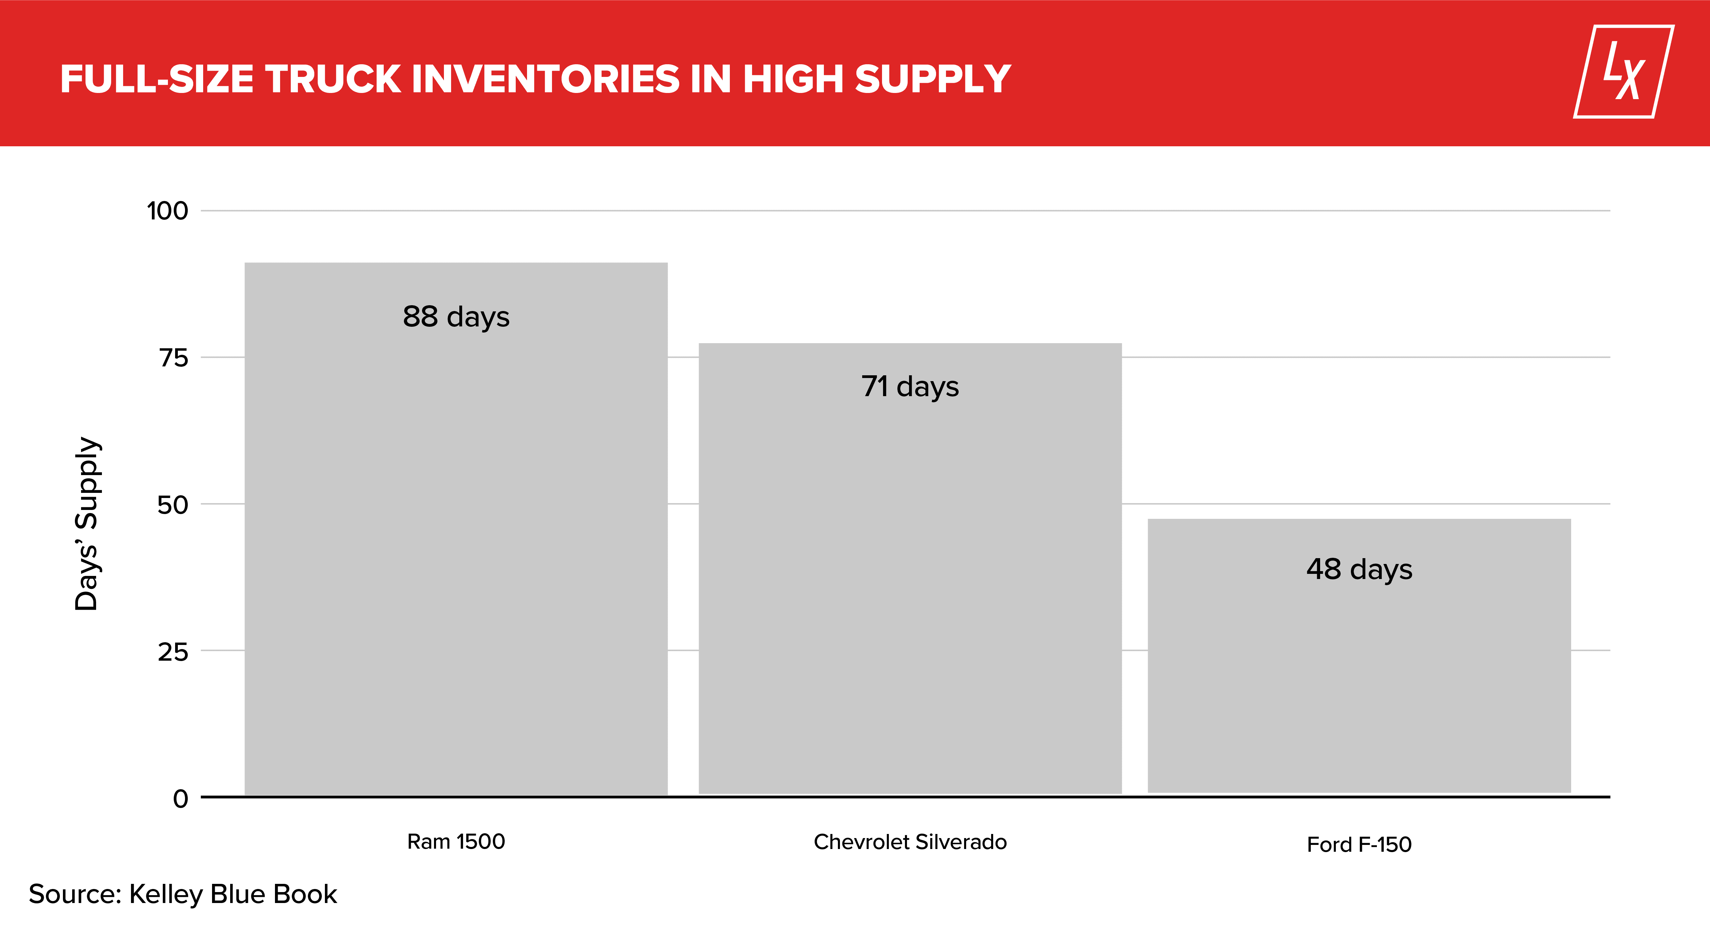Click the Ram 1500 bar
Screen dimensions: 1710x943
[456, 528]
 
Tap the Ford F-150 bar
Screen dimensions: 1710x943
[1359, 656]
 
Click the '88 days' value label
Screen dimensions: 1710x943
[456, 316]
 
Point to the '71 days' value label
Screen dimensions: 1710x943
[910, 386]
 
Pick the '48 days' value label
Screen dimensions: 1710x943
[1359, 569]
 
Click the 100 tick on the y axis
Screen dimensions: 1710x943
[167, 211]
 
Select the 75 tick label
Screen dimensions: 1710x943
[173, 358]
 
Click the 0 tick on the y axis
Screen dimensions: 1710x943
[181, 798]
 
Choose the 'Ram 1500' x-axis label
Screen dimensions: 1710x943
[456, 841]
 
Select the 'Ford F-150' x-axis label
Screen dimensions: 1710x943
[1359, 844]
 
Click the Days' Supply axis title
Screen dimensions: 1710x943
[88, 524]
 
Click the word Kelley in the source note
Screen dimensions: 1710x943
[166, 894]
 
